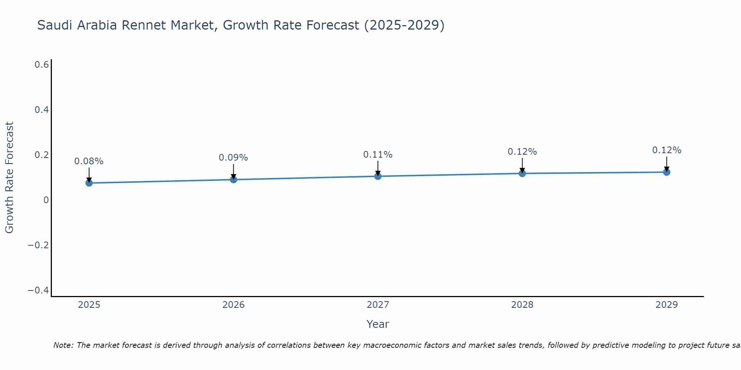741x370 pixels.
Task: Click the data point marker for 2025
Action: point(89,183)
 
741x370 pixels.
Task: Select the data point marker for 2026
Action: point(233,179)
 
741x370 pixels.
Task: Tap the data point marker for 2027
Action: point(378,176)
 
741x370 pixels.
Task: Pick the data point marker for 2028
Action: point(522,173)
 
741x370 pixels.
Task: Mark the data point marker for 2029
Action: point(667,172)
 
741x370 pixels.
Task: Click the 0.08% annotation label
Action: point(89,161)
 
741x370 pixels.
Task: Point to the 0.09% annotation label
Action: point(233,158)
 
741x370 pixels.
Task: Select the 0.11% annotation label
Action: point(378,155)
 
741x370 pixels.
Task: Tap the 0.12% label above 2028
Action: point(522,152)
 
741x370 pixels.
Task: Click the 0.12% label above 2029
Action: point(667,150)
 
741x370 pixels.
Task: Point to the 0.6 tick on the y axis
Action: point(42,65)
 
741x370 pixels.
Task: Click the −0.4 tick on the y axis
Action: point(39,290)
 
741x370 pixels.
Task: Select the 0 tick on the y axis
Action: point(46,200)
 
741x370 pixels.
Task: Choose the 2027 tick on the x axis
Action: point(378,305)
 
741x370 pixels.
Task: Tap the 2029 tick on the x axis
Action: point(667,305)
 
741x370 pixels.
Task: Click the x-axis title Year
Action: point(378,324)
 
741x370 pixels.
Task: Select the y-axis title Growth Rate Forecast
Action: point(9,178)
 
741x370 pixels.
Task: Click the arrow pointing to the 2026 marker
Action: point(233,171)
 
